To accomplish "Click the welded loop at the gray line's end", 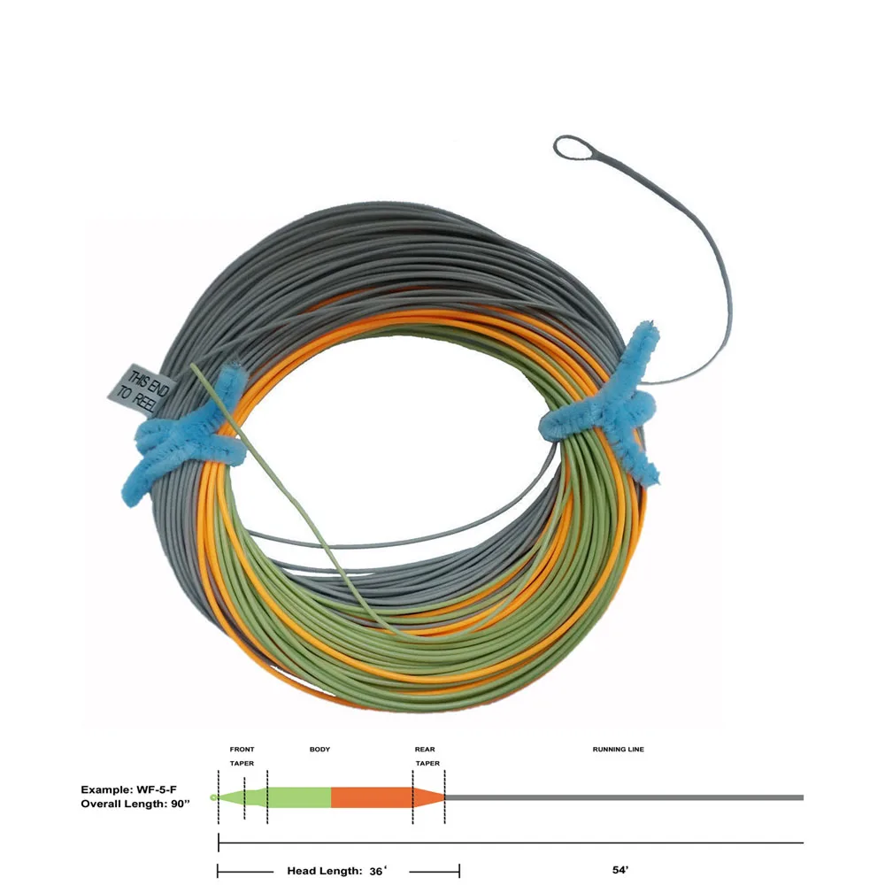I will tap(577, 148).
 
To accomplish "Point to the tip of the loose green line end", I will tap(193, 366).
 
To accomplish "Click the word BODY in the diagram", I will tap(319, 750).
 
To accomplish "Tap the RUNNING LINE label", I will tap(618, 750).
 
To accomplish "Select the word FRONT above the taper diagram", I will tap(242, 750).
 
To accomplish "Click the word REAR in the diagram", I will tap(425, 750).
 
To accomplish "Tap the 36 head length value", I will tap(377, 871).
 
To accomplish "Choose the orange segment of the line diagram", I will tap(372, 797).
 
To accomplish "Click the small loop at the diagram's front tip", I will tap(214, 797).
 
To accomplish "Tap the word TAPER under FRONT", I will tap(242, 763).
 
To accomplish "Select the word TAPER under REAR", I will tap(427, 763).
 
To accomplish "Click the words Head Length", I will tap(324, 871).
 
